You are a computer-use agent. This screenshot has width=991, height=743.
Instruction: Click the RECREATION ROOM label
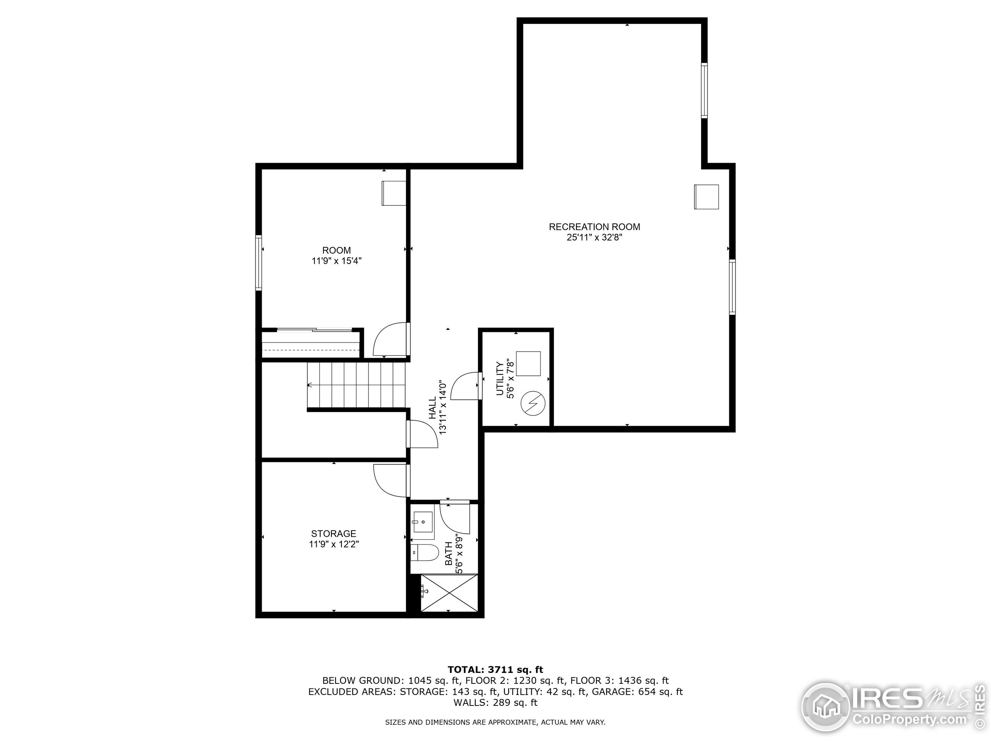click(595, 227)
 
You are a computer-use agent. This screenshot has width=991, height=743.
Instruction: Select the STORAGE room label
click(334, 534)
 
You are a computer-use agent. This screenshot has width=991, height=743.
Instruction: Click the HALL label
click(432, 407)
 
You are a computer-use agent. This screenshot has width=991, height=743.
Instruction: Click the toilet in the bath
click(424, 553)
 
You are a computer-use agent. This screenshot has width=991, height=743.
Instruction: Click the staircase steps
click(356, 385)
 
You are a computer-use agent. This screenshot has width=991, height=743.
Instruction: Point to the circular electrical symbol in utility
click(533, 404)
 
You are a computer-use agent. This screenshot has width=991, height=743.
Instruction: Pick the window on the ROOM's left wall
click(259, 262)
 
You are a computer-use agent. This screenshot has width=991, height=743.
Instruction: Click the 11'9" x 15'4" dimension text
click(336, 261)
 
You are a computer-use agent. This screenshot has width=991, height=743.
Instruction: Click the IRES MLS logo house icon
click(825, 708)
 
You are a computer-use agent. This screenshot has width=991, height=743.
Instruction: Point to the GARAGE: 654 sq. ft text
click(637, 692)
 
